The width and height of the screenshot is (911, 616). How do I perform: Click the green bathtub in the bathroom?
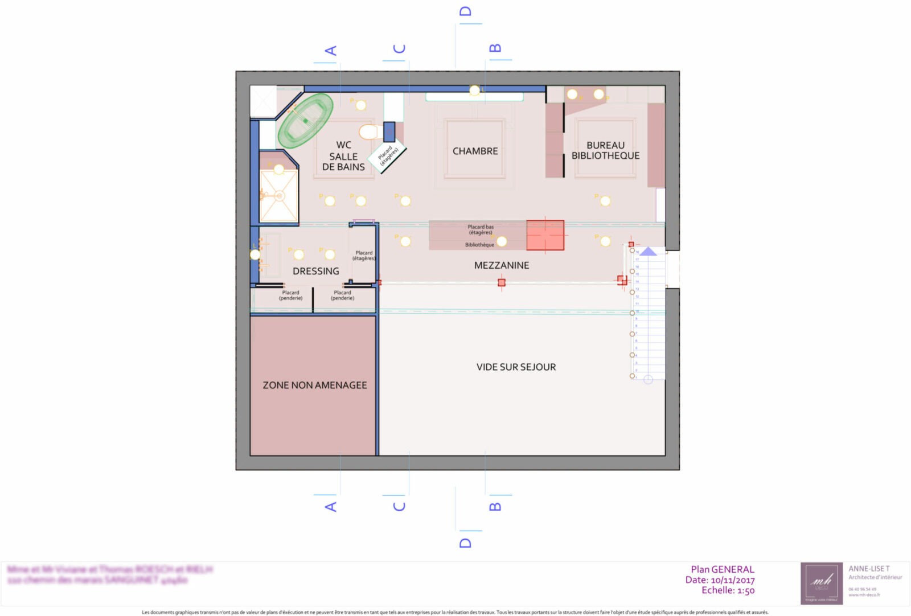click(x=305, y=121)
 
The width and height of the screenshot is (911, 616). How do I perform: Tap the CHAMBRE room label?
click(x=475, y=151)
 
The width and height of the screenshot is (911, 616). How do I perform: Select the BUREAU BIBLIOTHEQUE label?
click(x=605, y=150)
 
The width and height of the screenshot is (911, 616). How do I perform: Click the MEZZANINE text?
click(x=502, y=265)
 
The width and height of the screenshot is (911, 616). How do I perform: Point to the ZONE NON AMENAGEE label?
click(x=314, y=385)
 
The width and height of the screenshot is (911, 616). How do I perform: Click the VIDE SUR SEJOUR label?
click(x=516, y=367)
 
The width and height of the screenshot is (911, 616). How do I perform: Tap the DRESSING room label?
click(x=315, y=271)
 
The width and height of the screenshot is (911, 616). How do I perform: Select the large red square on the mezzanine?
click(x=545, y=235)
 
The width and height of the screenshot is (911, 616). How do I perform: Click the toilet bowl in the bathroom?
click(x=369, y=132)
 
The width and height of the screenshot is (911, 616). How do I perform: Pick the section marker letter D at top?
click(x=465, y=11)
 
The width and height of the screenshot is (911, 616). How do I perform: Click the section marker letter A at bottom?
click(x=330, y=506)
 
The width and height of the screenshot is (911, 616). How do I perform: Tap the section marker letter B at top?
click(x=495, y=48)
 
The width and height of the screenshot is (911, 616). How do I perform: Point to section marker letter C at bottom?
click(x=399, y=506)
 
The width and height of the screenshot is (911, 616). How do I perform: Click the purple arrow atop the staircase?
click(x=649, y=251)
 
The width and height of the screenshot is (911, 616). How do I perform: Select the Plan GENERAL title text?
click(x=722, y=569)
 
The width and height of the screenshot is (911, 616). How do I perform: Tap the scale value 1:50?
click(x=745, y=590)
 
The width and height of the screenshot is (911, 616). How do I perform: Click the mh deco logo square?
click(x=821, y=583)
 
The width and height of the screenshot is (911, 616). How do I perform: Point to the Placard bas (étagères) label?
click(x=481, y=229)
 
